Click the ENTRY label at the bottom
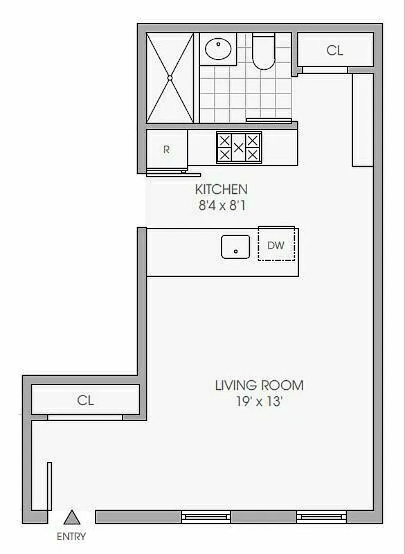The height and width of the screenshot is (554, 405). coord(71,536)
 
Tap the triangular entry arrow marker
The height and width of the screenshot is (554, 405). coord(71,517)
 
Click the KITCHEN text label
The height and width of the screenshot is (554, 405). coord(221,189)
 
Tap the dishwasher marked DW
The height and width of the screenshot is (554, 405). coord(276,244)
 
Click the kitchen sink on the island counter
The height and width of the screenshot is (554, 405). coord(235,247)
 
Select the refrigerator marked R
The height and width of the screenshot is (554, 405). coord(166,149)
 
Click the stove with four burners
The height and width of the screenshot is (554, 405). coord(238,147)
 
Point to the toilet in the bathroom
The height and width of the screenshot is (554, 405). coord(263,52)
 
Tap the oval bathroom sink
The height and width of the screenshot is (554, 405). coord(218,48)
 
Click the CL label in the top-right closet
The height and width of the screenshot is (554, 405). coord(334,50)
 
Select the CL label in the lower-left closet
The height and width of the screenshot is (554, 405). coord(85,400)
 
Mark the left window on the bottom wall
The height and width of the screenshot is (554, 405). coord(206,516)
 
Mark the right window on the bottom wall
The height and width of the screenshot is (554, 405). coord(321,516)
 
